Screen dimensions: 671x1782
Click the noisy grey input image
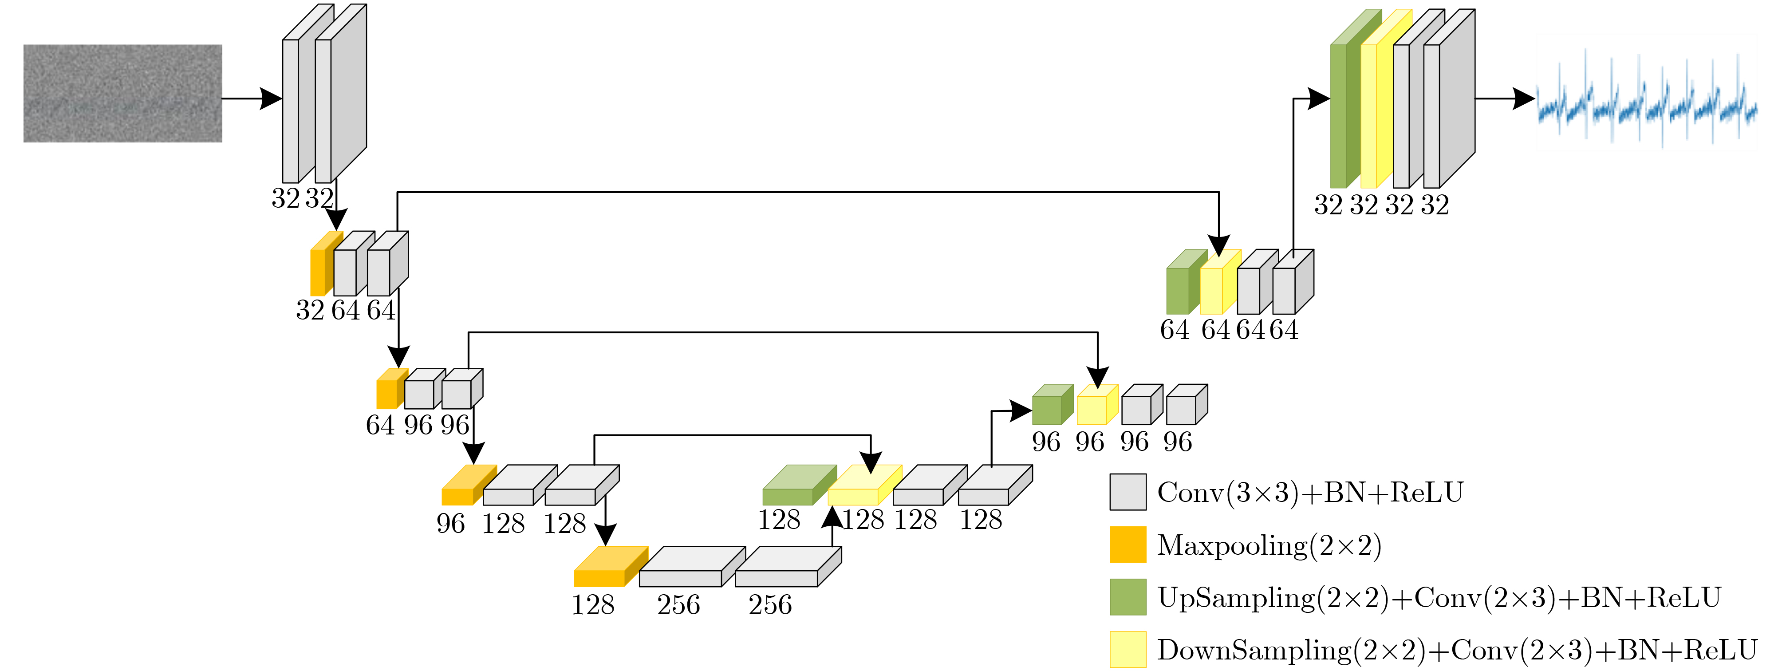pos(122,93)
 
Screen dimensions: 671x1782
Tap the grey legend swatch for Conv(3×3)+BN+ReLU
pos(1128,492)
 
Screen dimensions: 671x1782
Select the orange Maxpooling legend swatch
pos(1128,545)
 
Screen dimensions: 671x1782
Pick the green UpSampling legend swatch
pos(1128,597)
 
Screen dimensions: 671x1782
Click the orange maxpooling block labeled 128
pos(602,571)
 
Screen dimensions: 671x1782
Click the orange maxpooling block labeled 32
pos(319,270)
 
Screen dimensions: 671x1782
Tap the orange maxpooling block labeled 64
pos(387,391)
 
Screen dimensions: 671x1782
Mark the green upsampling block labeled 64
pos(1179,287)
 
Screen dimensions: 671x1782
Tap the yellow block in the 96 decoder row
pos(1093,408)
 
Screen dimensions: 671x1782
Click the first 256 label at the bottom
pos(678,604)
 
